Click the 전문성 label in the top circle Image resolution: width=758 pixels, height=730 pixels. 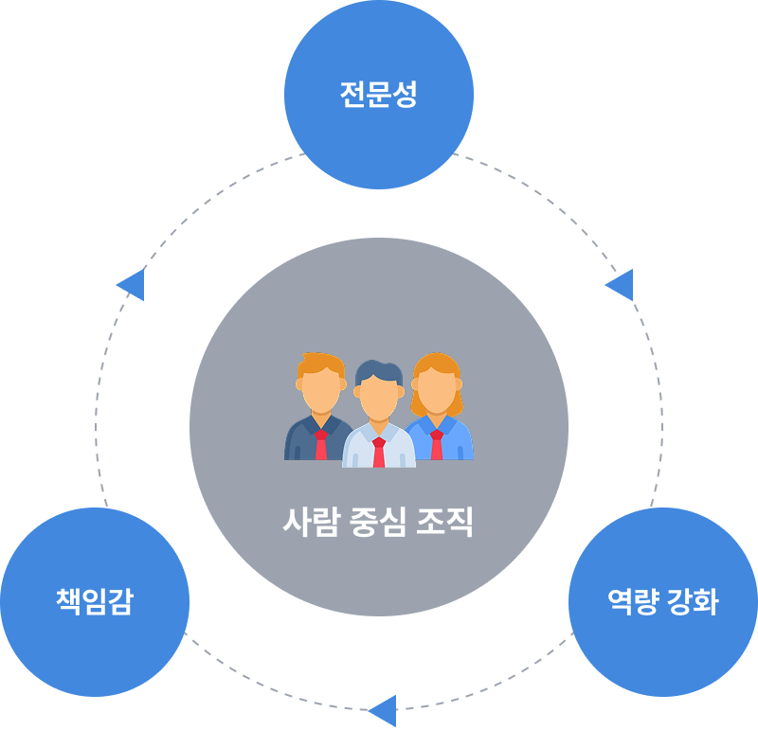(x=378, y=95)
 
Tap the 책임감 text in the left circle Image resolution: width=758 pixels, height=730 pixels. (x=94, y=602)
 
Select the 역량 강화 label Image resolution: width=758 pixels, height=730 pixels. (x=662, y=602)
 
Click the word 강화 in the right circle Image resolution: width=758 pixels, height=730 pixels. (x=692, y=602)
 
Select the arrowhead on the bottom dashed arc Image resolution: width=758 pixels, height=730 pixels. (x=383, y=710)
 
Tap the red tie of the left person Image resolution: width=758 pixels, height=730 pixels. (x=321, y=445)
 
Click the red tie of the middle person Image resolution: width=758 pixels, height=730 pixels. (x=379, y=453)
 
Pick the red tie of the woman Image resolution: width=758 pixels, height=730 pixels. (x=436, y=445)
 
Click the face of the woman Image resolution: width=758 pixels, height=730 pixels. (x=436, y=388)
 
